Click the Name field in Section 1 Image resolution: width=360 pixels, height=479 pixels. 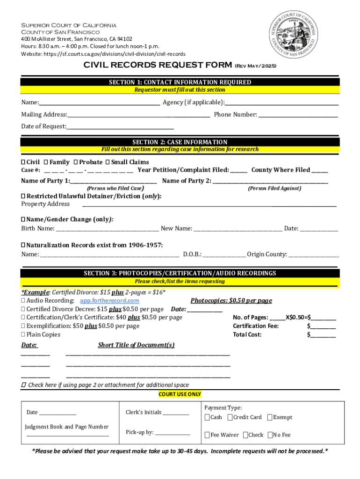pos(100,102)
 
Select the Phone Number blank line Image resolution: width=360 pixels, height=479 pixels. pos(298,115)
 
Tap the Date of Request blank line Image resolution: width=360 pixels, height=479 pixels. pos(120,126)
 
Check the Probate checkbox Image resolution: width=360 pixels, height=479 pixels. pos(75,162)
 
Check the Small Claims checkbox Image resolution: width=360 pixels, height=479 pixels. pos(108,162)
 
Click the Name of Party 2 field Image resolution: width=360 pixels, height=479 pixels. pos(270,181)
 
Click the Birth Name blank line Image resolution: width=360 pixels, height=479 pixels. pos(107,229)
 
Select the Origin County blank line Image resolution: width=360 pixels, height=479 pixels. pos(314,254)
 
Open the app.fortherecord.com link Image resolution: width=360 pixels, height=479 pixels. pos(109,300)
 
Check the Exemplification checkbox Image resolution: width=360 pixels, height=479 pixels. pos(23,326)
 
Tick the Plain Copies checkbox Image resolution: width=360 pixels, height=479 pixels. pos(23,334)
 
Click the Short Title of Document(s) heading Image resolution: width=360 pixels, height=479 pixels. pos(136,345)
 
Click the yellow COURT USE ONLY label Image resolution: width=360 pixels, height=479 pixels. pos(180,394)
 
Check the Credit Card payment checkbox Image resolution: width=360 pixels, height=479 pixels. pos(230,417)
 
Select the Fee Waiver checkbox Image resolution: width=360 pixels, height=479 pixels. pos(207,435)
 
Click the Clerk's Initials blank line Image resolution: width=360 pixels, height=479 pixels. pos(176,413)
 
